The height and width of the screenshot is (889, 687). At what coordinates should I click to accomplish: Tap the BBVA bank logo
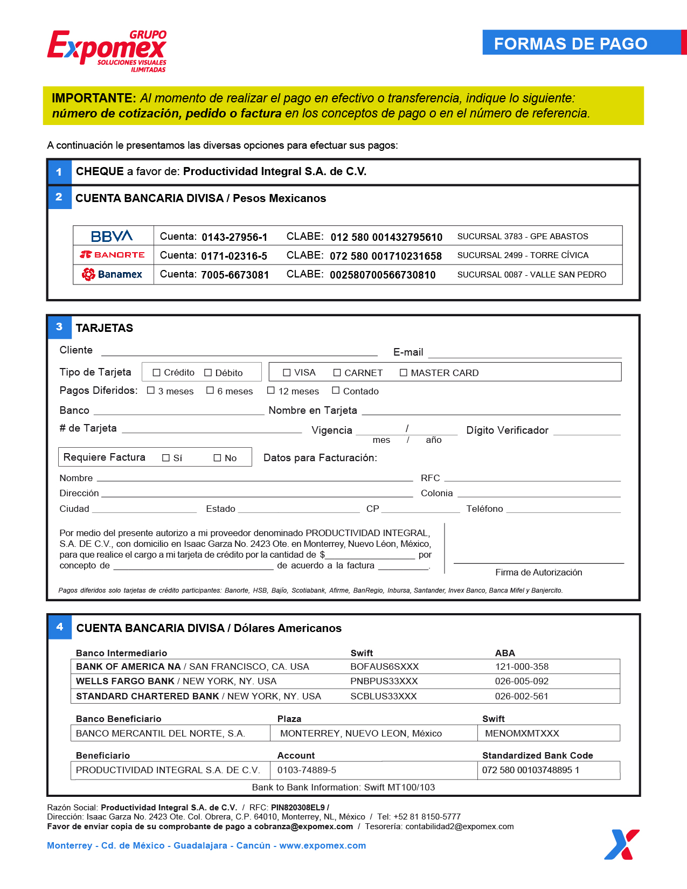[112, 236]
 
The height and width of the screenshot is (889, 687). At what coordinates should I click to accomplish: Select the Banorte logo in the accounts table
[112, 255]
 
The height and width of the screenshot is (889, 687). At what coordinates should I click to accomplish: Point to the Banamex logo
[112, 274]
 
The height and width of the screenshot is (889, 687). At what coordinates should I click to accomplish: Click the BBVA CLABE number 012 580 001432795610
[386, 237]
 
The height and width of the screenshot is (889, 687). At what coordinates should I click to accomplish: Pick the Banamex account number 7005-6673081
[235, 275]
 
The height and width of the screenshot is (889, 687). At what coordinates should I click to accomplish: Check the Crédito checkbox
[157, 373]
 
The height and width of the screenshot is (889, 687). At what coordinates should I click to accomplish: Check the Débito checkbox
[208, 373]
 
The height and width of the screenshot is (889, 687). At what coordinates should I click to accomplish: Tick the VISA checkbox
[287, 373]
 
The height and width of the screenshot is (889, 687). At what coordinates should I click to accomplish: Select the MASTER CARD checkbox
[404, 373]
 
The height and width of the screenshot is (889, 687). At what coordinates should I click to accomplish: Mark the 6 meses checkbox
[210, 391]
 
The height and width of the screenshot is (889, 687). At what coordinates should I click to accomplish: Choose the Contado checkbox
[336, 391]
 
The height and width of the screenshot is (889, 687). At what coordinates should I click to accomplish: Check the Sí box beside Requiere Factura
[166, 458]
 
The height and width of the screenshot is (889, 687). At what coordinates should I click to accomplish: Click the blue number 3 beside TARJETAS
[59, 327]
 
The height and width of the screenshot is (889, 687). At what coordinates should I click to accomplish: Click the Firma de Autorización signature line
[538, 562]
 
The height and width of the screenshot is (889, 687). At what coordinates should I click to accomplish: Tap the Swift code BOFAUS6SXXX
[384, 667]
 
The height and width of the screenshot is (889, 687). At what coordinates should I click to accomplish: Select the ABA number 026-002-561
[522, 696]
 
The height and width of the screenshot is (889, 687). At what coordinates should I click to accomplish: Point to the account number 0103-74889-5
[307, 770]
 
